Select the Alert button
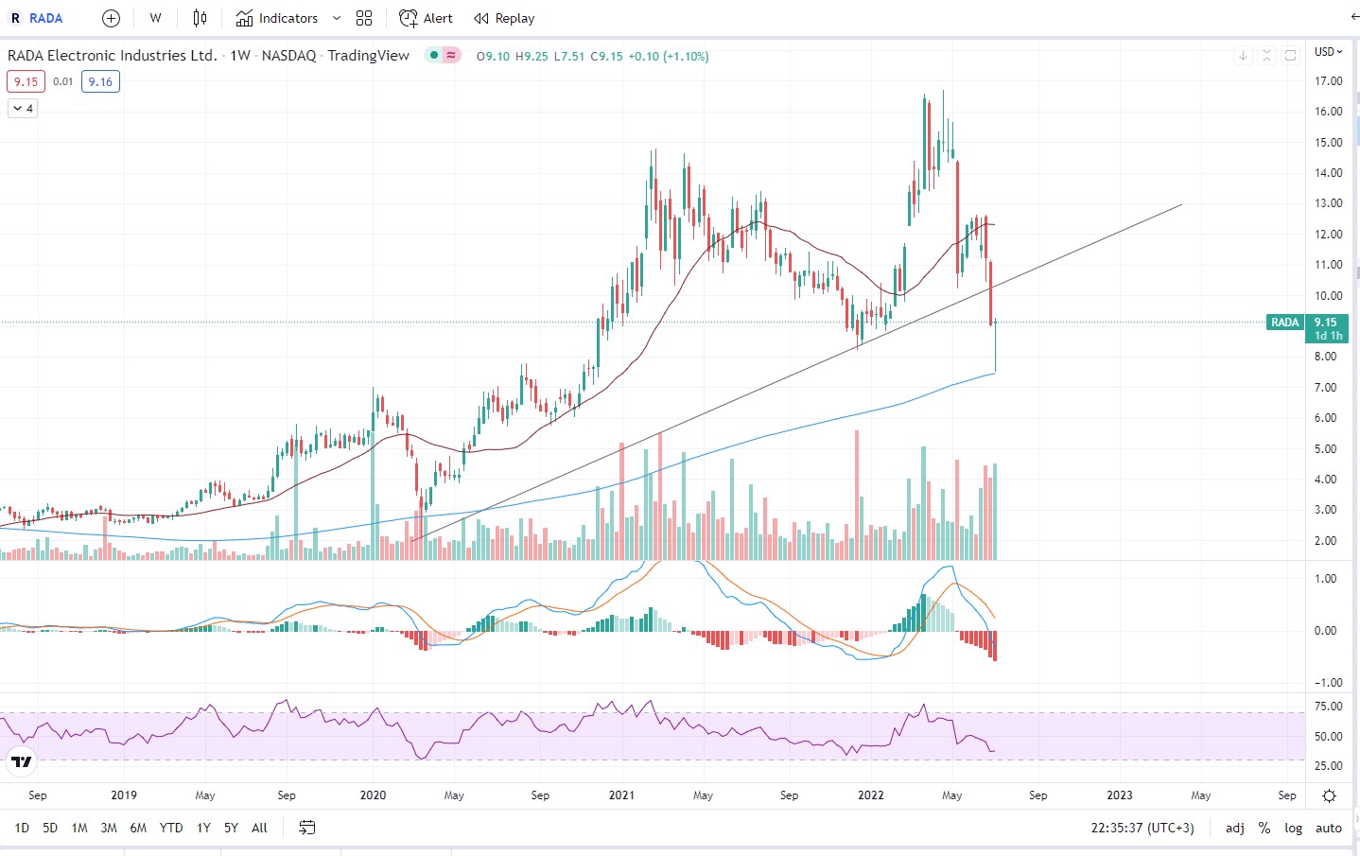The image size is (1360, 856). (427, 18)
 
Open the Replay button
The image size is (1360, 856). (504, 18)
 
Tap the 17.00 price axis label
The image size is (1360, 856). (1328, 81)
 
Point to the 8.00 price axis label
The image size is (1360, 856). (1325, 357)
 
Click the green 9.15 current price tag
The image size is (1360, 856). (1324, 323)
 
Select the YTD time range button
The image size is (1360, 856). (171, 828)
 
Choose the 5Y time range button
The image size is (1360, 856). (231, 828)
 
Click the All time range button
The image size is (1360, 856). (259, 828)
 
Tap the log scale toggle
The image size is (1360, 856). (1293, 828)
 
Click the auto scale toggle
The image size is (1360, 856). (1328, 828)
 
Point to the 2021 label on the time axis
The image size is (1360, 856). (621, 795)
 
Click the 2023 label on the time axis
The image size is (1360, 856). (1119, 795)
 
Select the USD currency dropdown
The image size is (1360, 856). (1328, 52)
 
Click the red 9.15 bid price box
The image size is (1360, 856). (26, 82)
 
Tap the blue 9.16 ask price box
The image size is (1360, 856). (100, 82)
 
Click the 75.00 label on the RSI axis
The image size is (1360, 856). (1328, 707)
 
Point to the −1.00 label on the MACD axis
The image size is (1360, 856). (1326, 683)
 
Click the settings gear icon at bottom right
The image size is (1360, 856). (1329, 795)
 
